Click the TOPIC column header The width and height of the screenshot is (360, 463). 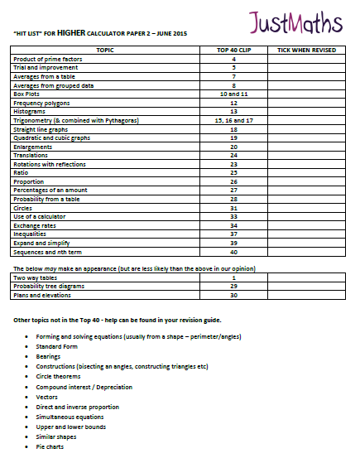point(105,51)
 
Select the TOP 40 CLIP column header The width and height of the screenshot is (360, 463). point(233,51)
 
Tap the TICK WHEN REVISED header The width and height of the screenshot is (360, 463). point(306,51)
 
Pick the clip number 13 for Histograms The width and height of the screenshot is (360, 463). point(233,112)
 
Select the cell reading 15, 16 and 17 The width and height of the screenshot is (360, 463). point(233,121)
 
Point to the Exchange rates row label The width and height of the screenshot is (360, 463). point(37,224)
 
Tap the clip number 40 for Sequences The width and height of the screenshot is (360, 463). point(233,251)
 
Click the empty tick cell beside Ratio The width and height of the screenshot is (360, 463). point(306,173)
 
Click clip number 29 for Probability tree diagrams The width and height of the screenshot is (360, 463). point(233,286)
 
